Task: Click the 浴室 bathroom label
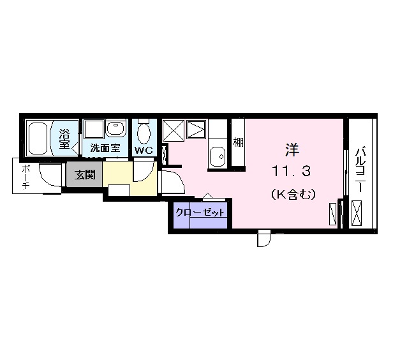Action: pos(64,139)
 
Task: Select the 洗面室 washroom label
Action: pos(104,148)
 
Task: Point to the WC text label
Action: pos(142,151)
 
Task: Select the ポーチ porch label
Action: pos(26,176)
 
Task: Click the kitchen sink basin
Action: pos(218,155)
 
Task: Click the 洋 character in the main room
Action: pos(292,151)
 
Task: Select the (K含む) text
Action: pos(292,194)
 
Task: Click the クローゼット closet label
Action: pos(200,213)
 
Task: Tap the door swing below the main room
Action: pos(263,239)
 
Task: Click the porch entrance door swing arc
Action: pos(49,176)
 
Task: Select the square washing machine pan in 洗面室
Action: pos(94,130)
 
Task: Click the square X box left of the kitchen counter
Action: pos(172,131)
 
